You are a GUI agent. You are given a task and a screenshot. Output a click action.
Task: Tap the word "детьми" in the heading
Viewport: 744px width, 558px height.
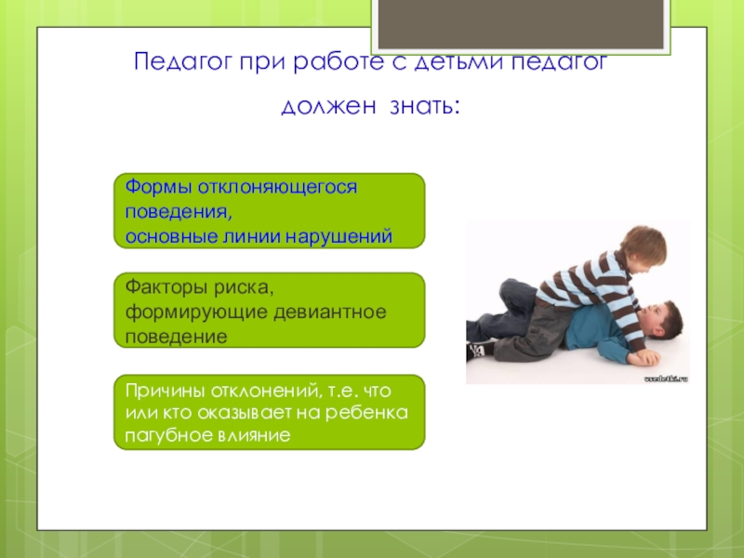coord(459,62)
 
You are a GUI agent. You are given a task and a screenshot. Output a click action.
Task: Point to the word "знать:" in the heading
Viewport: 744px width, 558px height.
coord(425,106)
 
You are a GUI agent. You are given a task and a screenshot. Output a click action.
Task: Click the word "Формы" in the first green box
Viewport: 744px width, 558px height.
coord(158,187)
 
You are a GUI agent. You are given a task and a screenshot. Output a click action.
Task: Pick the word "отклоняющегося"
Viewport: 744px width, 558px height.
coord(277,188)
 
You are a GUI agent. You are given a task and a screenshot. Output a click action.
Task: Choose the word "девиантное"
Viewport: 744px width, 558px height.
coord(330,312)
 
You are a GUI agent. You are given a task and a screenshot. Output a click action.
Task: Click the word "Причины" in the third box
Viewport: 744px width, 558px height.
coord(165,392)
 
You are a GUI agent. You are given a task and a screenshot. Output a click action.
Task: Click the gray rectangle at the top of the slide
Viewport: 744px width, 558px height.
coord(521,24)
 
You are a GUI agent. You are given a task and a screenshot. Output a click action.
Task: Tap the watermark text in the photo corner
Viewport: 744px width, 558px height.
coord(666,379)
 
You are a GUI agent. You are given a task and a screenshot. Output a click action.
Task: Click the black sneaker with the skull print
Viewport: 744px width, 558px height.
coord(480,351)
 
